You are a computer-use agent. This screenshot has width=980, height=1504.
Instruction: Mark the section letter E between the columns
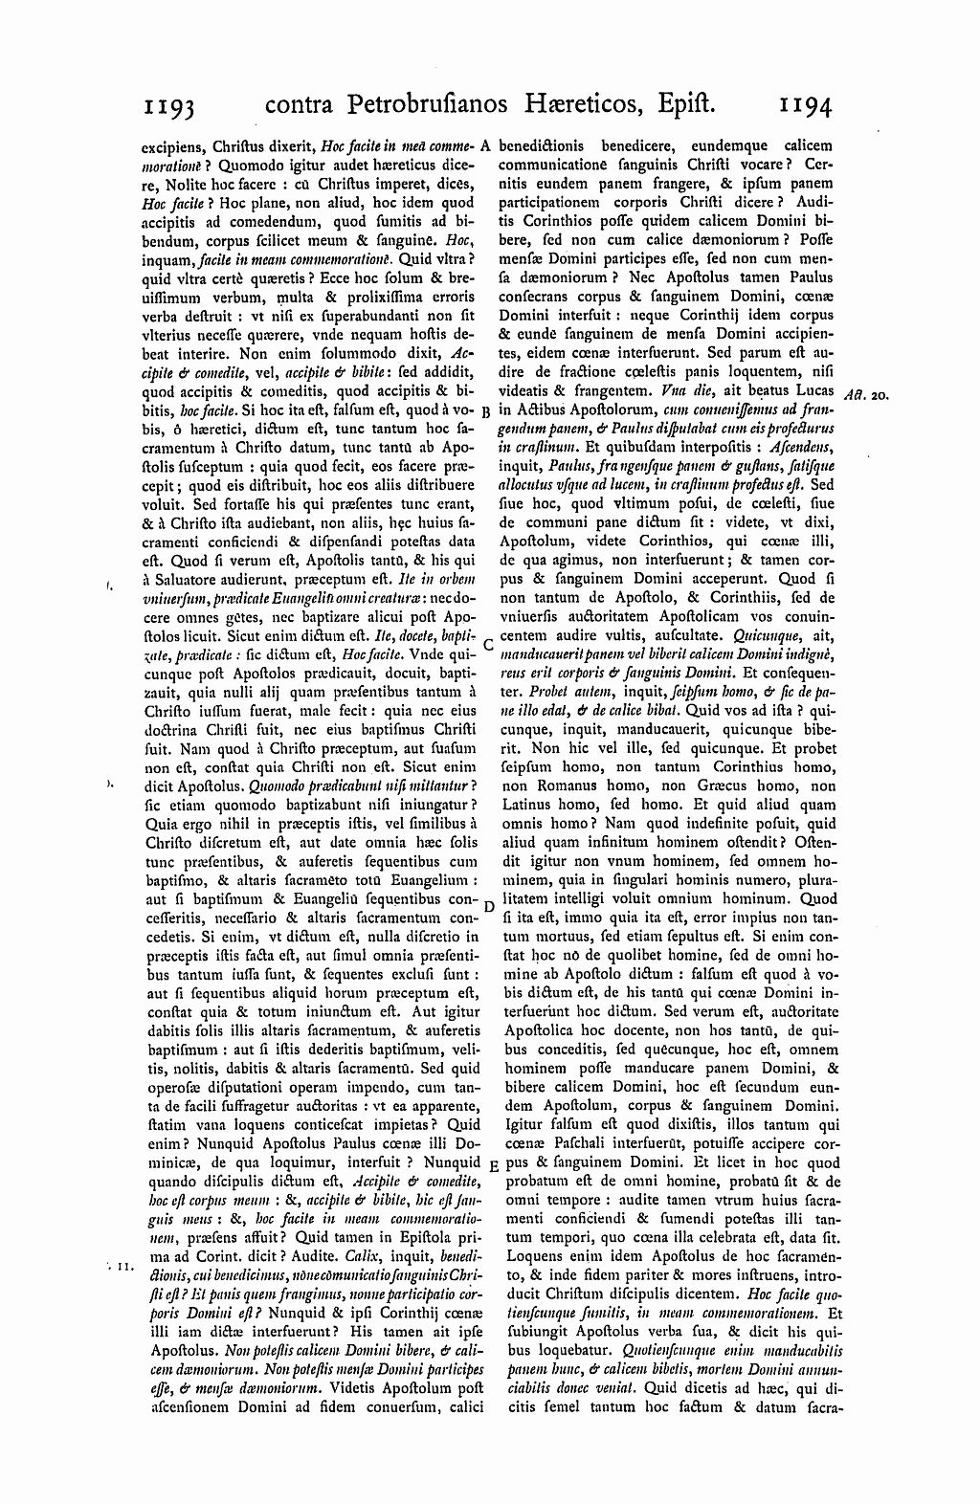coord(492,1166)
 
